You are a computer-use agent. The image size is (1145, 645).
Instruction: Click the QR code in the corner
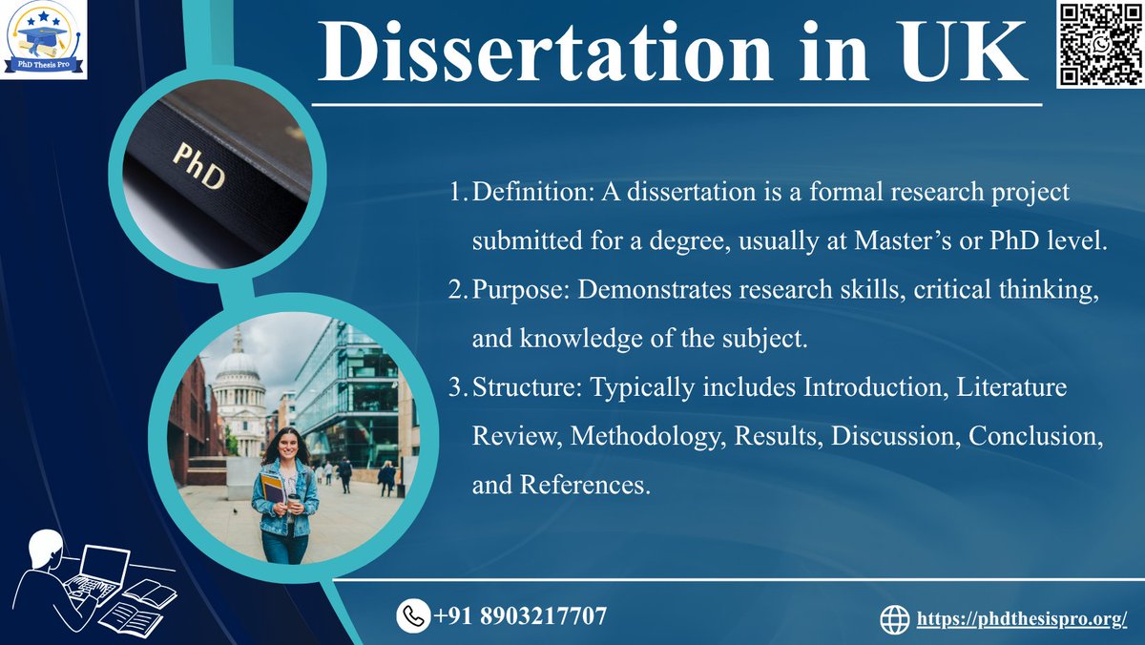(1098, 44)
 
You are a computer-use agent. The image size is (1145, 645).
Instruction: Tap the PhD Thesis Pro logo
(43, 39)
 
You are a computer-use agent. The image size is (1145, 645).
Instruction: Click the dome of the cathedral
(238, 366)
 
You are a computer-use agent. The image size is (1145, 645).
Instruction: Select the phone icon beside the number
(412, 615)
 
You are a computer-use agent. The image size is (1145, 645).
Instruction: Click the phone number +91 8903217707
(520, 615)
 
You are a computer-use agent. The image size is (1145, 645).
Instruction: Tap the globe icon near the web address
(894, 619)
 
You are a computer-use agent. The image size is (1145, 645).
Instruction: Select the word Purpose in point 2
(516, 290)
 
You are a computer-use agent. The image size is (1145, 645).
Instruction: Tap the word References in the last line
(583, 485)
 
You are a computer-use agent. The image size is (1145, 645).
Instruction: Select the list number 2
(455, 290)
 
